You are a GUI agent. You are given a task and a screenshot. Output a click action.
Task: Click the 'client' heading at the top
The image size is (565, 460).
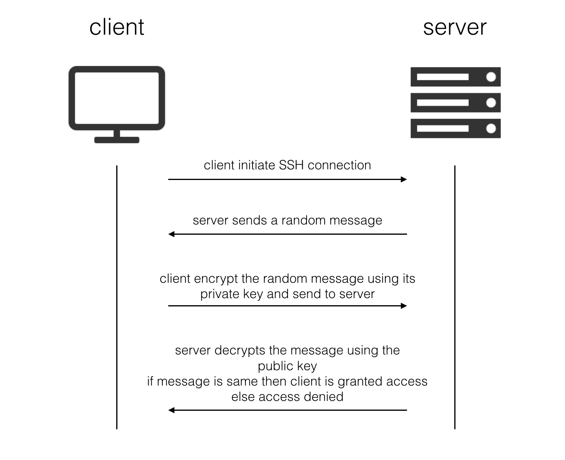117,27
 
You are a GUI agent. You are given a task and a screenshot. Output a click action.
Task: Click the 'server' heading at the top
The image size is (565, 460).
455,27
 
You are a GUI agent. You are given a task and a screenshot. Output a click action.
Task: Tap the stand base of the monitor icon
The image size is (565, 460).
117,140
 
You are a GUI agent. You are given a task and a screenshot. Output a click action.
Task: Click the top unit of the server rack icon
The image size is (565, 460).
455,77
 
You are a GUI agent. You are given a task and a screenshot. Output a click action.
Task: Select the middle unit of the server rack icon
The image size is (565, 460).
455,103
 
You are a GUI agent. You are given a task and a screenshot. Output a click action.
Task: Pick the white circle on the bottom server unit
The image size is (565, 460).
491,128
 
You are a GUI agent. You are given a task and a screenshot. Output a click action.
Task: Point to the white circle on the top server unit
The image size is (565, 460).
491,77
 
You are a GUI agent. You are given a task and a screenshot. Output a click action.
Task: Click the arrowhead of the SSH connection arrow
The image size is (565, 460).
404,180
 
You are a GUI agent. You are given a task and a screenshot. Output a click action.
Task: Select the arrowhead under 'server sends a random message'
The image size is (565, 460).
171,234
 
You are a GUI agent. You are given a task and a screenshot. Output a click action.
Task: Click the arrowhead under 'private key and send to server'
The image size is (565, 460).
404,306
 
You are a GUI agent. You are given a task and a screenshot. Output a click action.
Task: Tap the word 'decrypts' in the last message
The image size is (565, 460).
240,350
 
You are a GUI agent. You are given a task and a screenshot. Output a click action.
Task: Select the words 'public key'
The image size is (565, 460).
287,366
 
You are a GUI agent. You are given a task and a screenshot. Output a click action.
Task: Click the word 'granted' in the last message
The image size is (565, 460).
360,382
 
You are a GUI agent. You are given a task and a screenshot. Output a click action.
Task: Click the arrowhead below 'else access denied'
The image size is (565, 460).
171,410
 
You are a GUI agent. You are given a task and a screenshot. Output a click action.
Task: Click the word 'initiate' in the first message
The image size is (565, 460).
256,165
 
